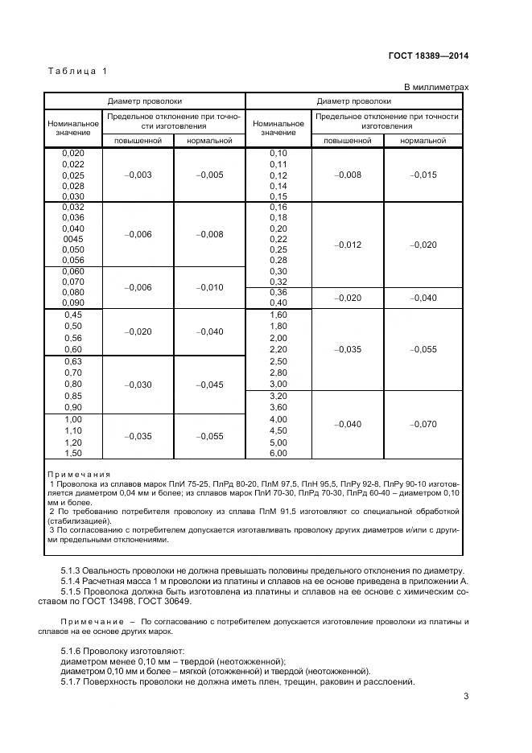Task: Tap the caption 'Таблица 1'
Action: point(78,72)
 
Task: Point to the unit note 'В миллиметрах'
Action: point(435,87)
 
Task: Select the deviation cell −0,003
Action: point(138,175)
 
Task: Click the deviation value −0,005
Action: point(209,175)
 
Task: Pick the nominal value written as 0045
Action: point(73,239)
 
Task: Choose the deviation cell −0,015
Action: point(423,175)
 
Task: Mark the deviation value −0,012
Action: point(348,245)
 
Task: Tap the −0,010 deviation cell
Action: point(209,287)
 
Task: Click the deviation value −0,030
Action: point(138,385)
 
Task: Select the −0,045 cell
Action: point(209,385)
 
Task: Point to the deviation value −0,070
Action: point(423,424)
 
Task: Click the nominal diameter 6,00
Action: point(278,454)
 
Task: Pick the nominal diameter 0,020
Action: point(73,153)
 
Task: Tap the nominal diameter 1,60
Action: point(278,315)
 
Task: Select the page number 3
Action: point(466,697)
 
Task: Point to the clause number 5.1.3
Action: point(74,570)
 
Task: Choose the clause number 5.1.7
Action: point(74,682)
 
